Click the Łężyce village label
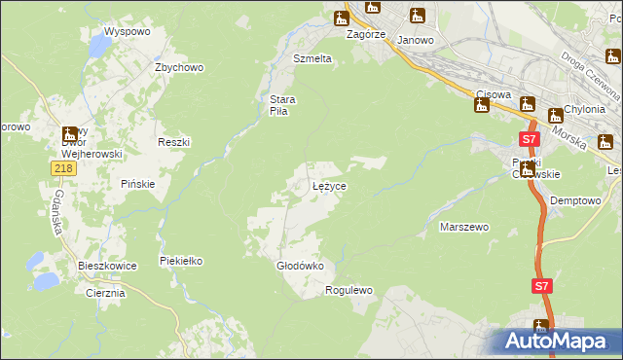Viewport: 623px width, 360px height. pos(329,185)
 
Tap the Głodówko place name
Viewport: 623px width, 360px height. pos(293,266)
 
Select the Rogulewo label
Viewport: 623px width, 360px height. pos(349,290)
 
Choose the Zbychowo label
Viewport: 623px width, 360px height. pos(179,67)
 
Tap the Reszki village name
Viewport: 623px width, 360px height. pos(173,141)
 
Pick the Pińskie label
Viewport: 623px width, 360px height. pos(138,184)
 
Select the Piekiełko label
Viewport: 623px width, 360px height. pos(181,261)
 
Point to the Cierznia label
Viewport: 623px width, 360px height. pos(105,293)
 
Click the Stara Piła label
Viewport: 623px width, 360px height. pos(282,105)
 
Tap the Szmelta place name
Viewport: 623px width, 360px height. pos(312,58)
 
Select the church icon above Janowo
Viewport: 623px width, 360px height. pos(418,16)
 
